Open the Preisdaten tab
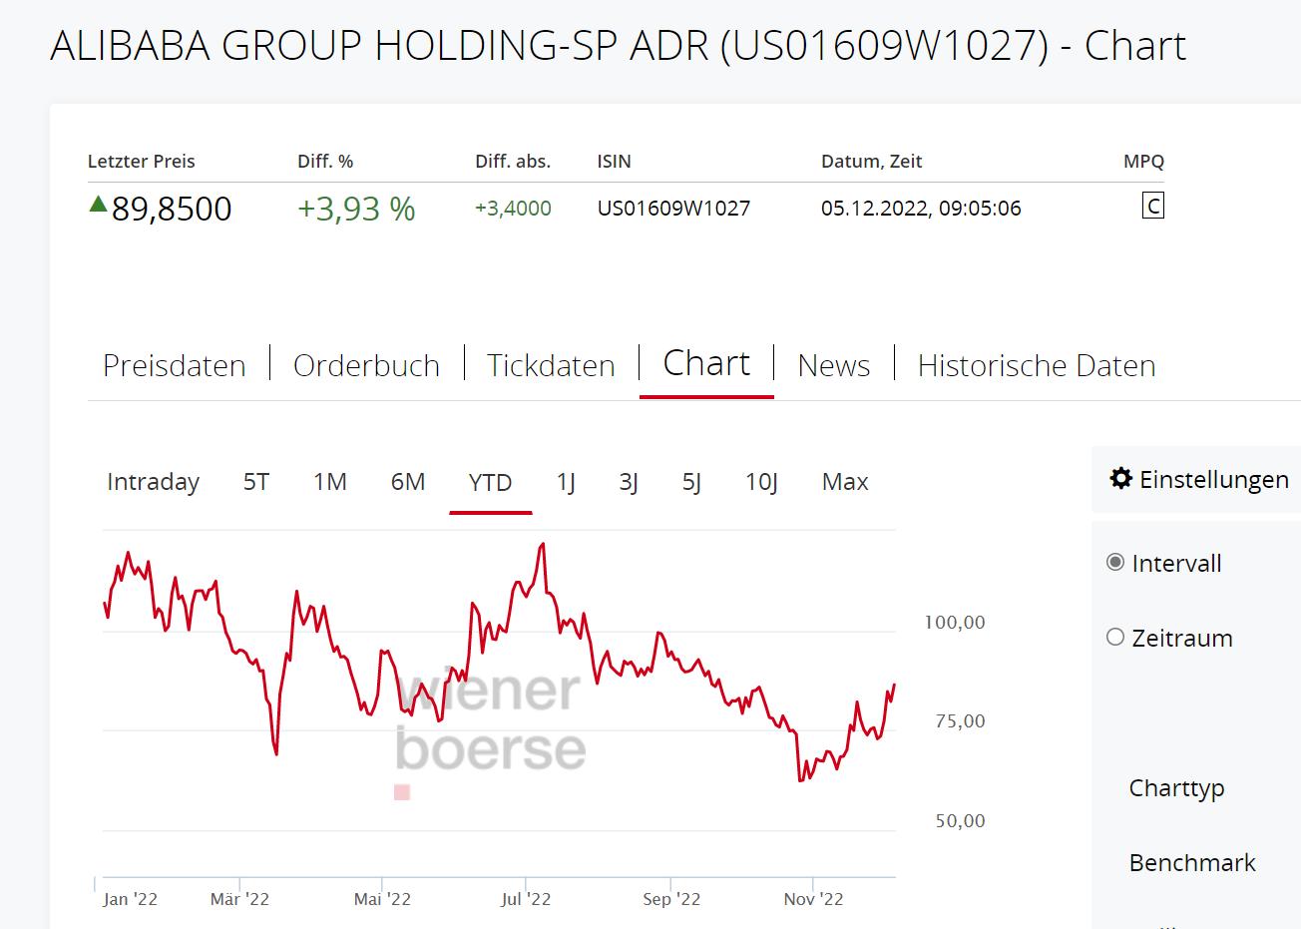pyautogui.click(x=174, y=365)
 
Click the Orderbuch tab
pyautogui.click(x=366, y=365)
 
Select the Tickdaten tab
pyautogui.click(x=551, y=365)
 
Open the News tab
pyautogui.click(x=833, y=365)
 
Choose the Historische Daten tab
pyautogui.click(x=1036, y=365)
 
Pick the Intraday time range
pyautogui.click(x=153, y=482)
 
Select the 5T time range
pyautogui.click(x=256, y=482)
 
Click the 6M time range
pyautogui.click(x=407, y=482)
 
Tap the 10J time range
pyautogui.click(x=761, y=482)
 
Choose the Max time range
pyautogui.click(x=845, y=482)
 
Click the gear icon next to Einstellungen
pyautogui.click(x=1121, y=479)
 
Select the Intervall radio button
pyautogui.click(x=1115, y=562)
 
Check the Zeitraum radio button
pyautogui.click(x=1115, y=637)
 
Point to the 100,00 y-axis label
pyautogui.click(x=955, y=623)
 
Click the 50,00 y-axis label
pyautogui.click(x=960, y=821)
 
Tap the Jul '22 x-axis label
pyautogui.click(x=526, y=899)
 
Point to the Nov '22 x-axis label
pyautogui.click(x=813, y=899)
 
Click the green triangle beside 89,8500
pyautogui.click(x=98, y=205)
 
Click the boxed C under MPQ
pyautogui.click(x=1152, y=207)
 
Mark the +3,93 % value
pyautogui.click(x=356, y=209)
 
